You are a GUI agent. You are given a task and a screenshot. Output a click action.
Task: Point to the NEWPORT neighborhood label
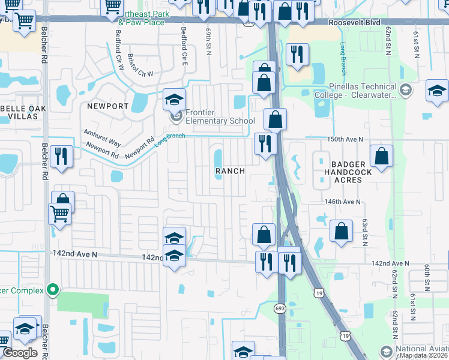[x=108, y=106]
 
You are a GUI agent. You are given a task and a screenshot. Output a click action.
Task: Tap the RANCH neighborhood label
[x=231, y=171]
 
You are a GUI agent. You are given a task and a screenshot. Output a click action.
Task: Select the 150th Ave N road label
[x=345, y=139]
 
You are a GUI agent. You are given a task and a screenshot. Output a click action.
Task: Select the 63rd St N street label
[x=364, y=232]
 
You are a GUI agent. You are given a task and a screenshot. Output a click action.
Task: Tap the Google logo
[x=20, y=353]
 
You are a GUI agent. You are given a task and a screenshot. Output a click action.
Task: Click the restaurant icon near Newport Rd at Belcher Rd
[x=62, y=155]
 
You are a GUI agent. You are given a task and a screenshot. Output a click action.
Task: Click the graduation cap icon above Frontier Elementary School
[x=175, y=98]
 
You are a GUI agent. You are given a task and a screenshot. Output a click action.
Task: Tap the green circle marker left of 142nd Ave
[x=53, y=290]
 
